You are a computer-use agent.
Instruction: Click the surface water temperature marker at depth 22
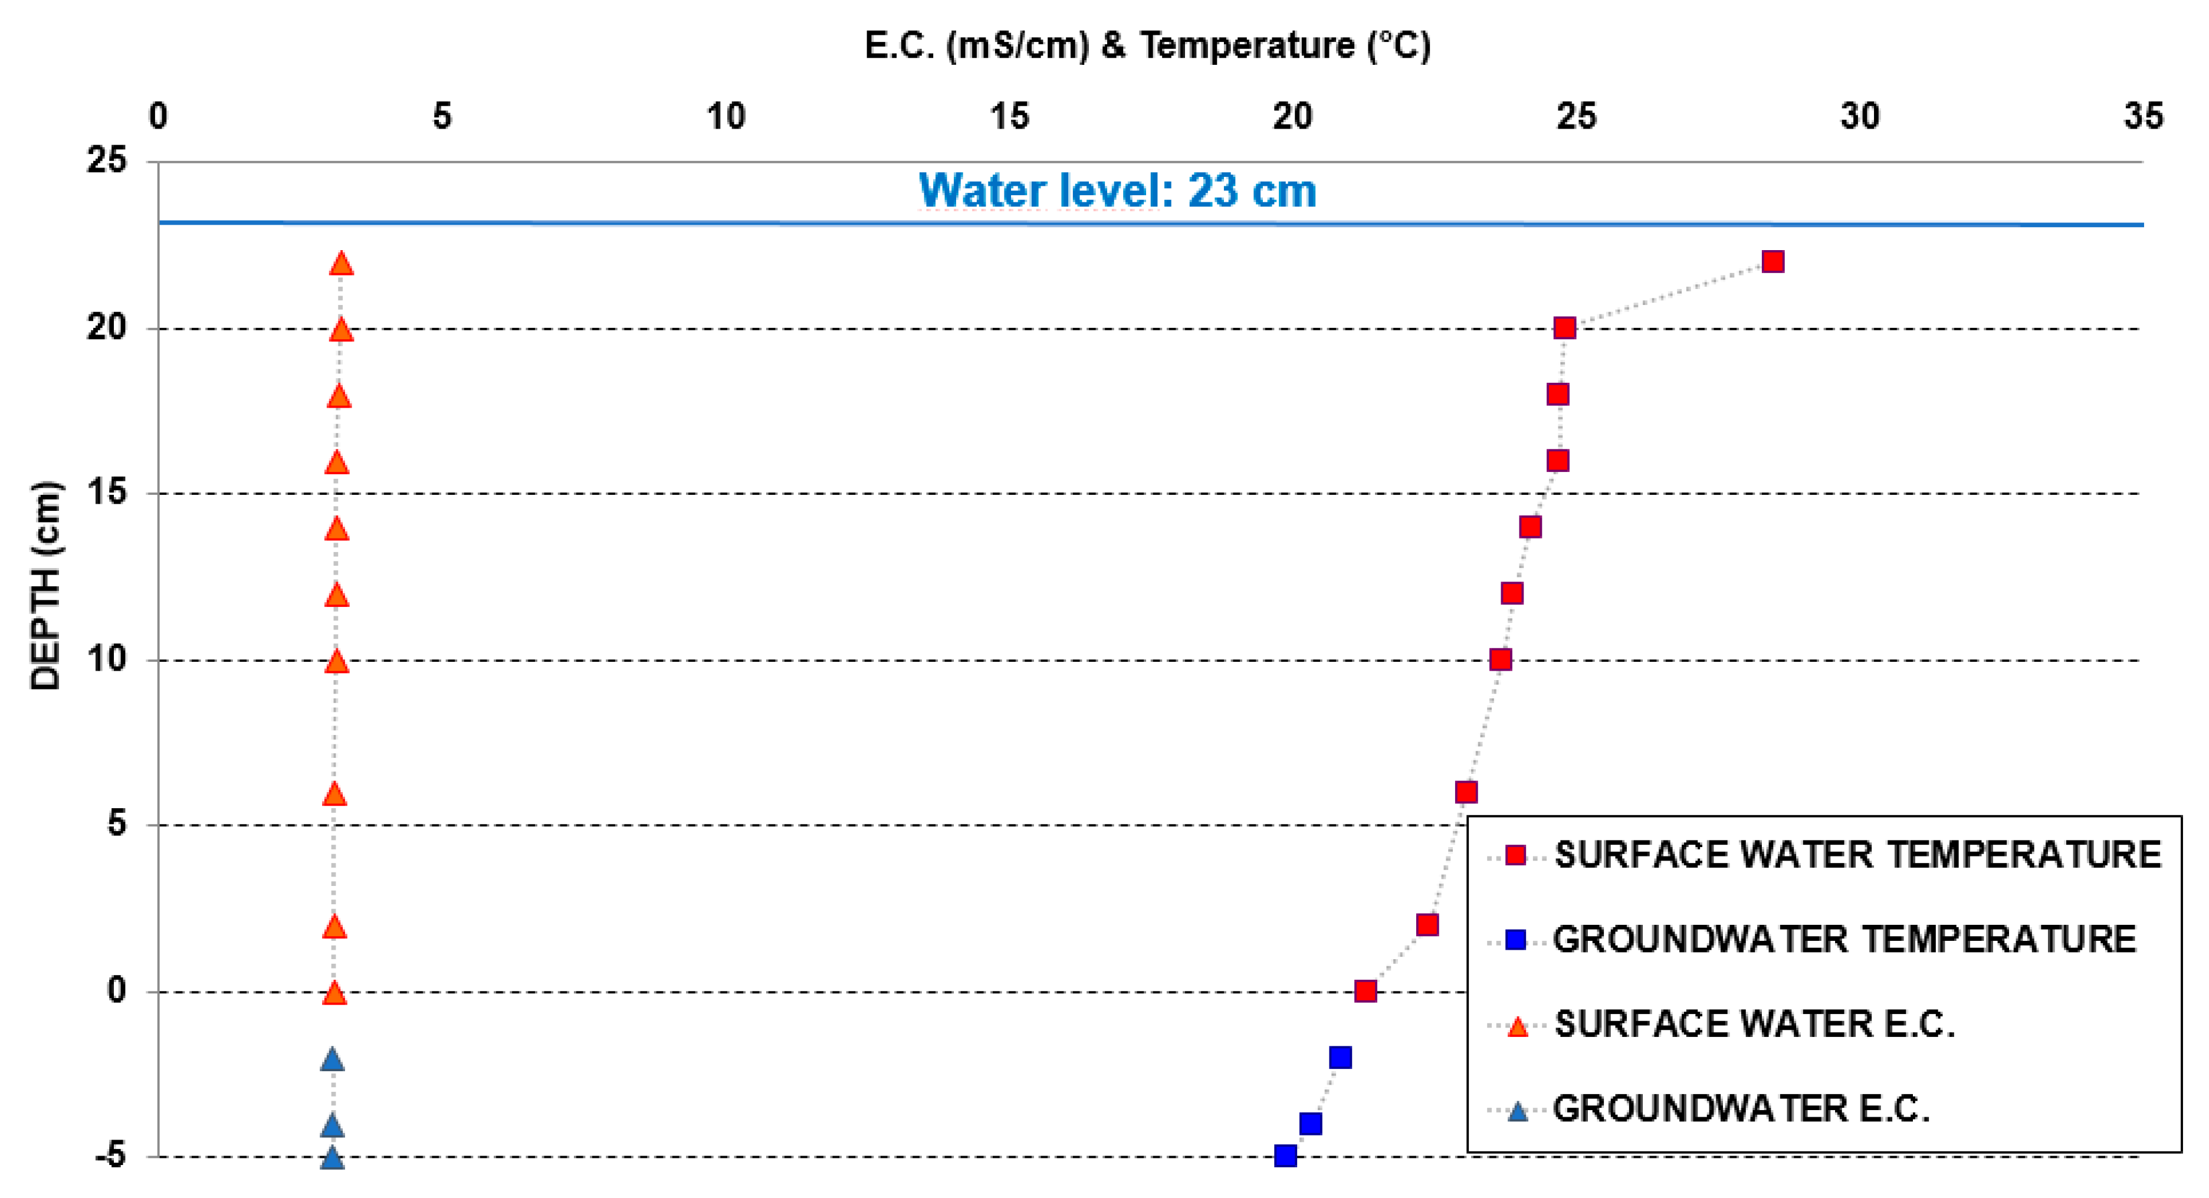click(x=1773, y=261)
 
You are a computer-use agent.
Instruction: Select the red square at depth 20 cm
click(x=1564, y=327)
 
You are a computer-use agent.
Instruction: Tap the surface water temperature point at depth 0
click(x=1365, y=992)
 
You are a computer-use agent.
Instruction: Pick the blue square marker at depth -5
click(x=1285, y=1156)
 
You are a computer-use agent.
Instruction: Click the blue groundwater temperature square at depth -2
click(x=1340, y=1058)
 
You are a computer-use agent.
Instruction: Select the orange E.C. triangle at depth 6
click(x=335, y=794)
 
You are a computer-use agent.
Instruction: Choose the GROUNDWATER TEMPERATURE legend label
click(x=1844, y=940)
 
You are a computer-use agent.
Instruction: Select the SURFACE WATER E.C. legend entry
click(x=1754, y=1024)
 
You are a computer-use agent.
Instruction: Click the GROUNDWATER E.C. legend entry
click(x=1741, y=1109)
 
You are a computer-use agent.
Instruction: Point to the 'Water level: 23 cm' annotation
click(x=1117, y=191)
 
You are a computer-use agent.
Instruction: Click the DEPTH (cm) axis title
click(x=45, y=586)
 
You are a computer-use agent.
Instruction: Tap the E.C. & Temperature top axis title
click(x=1147, y=45)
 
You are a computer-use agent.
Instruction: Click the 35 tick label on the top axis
click(x=2142, y=116)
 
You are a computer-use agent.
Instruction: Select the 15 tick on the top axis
click(x=1009, y=116)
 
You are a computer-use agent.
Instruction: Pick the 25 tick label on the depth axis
click(x=106, y=159)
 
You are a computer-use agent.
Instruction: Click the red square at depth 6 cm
click(x=1466, y=792)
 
